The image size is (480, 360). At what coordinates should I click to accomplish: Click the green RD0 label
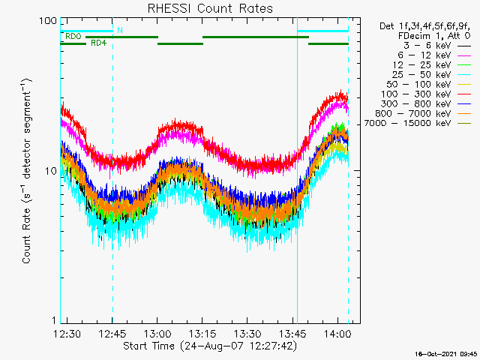[73, 36]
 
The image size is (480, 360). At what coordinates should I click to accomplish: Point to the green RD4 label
[97, 43]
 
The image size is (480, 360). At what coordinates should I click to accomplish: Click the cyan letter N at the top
[120, 30]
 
